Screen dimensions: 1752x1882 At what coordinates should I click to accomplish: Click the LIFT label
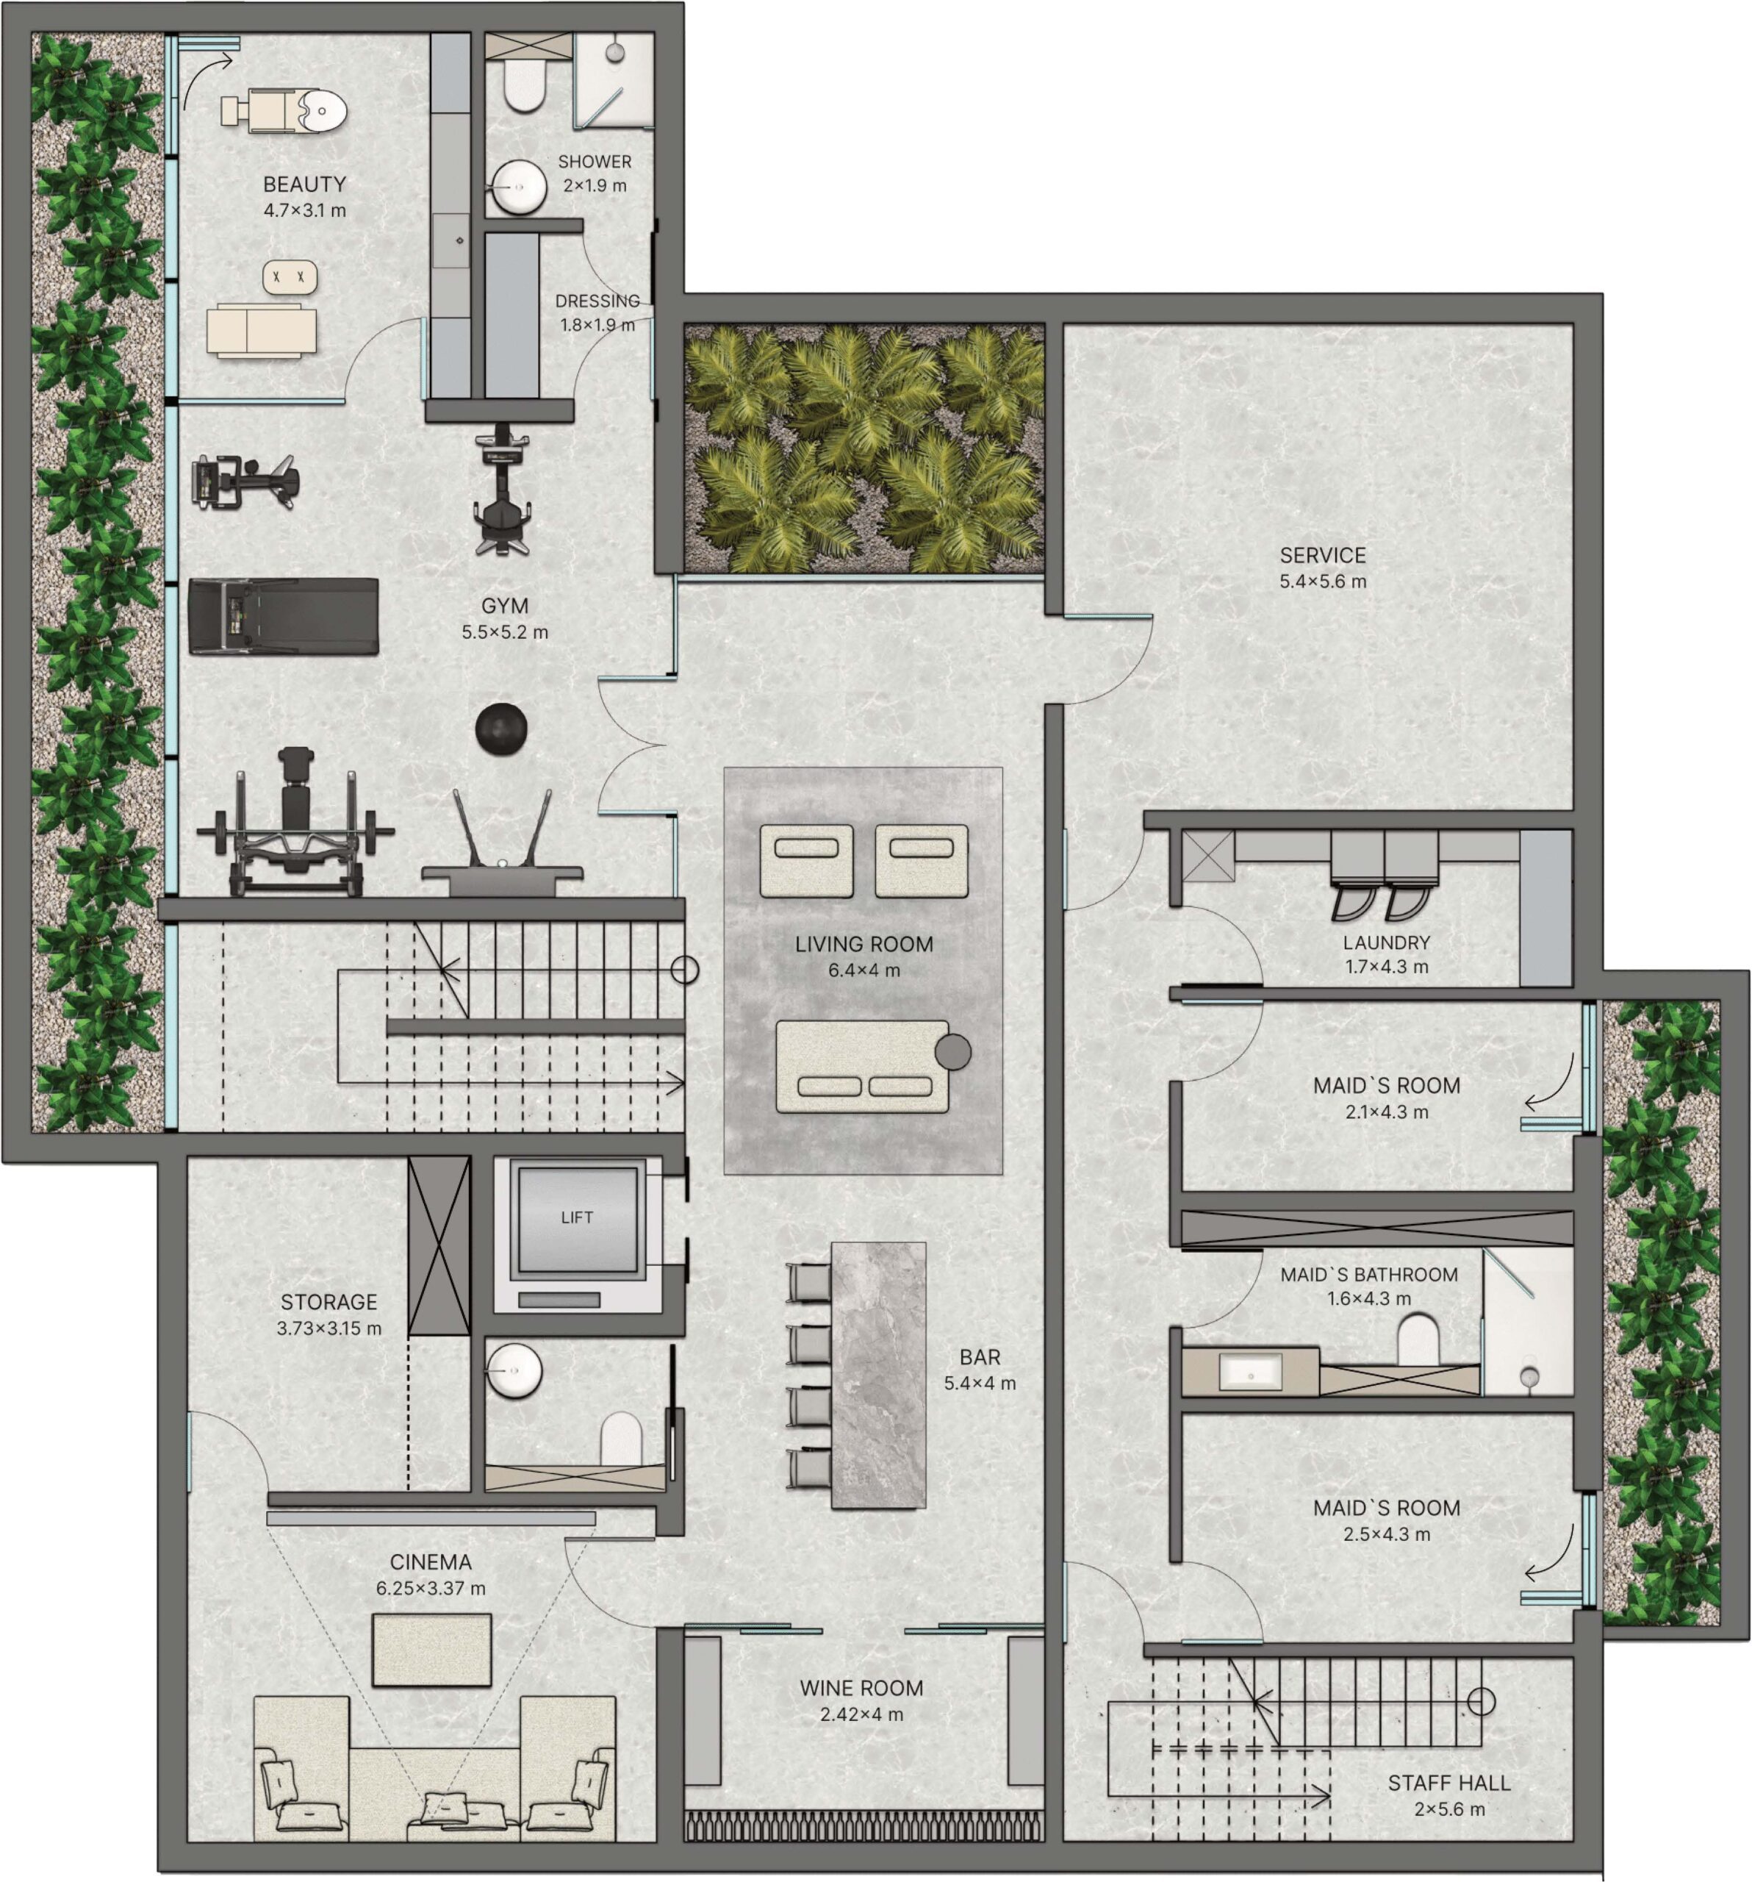(x=576, y=1217)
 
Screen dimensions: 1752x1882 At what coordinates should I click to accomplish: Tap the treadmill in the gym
(x=283, y=616)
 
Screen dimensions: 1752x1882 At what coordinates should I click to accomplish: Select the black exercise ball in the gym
(x=500, y=729)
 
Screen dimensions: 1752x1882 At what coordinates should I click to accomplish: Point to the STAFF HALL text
(x=1449, y=1783)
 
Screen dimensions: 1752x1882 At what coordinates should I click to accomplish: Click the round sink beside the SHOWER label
(x=519, y=187)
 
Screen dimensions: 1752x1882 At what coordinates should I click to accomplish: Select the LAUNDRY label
(x=1387, y=943)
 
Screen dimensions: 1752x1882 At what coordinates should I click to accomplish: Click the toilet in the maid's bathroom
(x=1418, y=1339)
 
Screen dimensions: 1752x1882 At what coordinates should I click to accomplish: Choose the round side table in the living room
(x=953, y=1052)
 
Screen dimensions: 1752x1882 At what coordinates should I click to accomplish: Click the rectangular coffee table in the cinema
(x=431, y=1650)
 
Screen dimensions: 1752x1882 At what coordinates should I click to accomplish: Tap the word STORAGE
(x=329, y=1303)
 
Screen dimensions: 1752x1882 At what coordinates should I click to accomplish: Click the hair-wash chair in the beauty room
(x=284, y=111)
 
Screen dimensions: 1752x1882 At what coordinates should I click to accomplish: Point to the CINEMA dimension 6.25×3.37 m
(x=431, y=1589)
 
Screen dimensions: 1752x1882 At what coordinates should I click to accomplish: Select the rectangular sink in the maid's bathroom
(x=1250, y=1372)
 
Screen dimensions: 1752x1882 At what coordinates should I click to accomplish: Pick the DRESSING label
(x=597, y=301)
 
